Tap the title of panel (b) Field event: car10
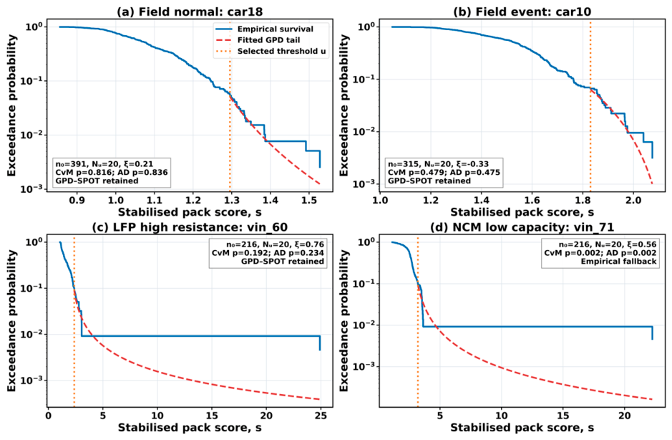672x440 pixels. (522, 11)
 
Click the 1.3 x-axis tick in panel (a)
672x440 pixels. (231, 200)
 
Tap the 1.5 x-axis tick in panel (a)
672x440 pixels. (308, 200)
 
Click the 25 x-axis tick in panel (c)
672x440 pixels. (321, 416)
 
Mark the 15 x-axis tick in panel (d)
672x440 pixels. (563, 416)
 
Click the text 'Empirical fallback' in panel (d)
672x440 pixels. (618, 262)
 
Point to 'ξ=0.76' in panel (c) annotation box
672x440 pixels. (309, 244)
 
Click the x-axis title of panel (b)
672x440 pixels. (522, 213)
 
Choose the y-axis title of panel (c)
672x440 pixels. (11, 320)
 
